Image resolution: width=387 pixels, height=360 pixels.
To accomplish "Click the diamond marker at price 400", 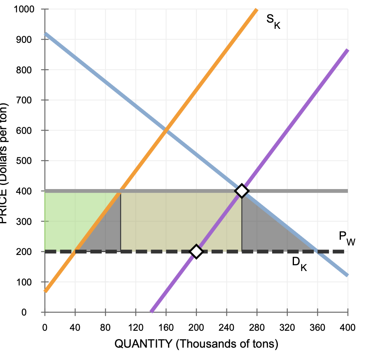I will point(242,191).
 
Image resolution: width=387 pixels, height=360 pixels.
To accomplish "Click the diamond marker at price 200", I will point(196,251).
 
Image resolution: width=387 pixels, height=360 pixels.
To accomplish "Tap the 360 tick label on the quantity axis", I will point(317,328).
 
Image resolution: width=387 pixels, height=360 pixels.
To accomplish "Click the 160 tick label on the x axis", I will point(166,328).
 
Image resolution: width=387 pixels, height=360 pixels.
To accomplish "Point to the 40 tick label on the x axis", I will point(75,328).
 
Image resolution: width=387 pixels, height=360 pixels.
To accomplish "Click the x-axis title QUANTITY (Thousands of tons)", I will point(196,344).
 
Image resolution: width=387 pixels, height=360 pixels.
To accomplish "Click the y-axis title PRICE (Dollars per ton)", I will point(6,161).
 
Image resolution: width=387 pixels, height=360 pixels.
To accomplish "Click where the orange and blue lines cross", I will point(166,131).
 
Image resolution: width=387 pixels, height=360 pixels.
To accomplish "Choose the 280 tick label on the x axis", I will point(257,328).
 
